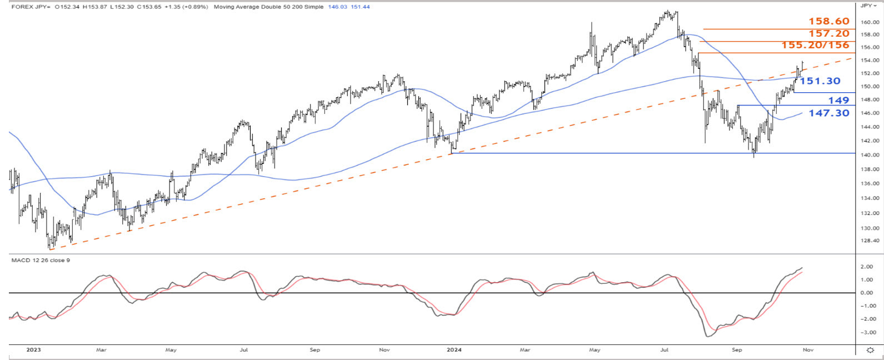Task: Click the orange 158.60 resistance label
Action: point(828,22)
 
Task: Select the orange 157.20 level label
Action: point(828,33)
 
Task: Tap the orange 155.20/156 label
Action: point(815,45)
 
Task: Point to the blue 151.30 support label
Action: point(820,81)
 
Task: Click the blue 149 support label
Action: point(838,101)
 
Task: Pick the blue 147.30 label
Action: point(828,113)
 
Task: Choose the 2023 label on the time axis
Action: point(34,350)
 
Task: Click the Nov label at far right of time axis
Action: point(808,350)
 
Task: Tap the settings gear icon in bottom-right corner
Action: point(871,351)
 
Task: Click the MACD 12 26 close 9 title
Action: point(41,260)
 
